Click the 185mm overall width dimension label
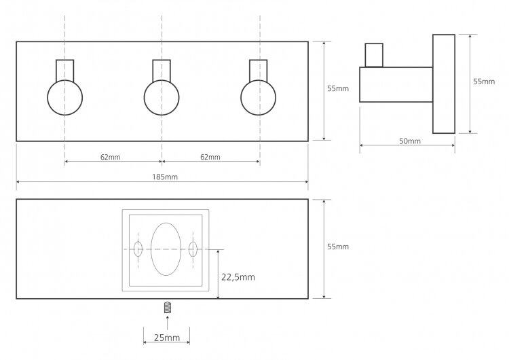(x=162, y=177)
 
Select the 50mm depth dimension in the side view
(x=410, y=141)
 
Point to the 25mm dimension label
(x=167, y=338)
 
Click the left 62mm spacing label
(x=110, y=157)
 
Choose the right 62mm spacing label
(x=210, y=157)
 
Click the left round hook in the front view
(x=65, y=97)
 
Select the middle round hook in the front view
(x=162, y=97)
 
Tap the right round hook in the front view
(x=258, y=97)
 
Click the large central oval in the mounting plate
(x=166, y=249)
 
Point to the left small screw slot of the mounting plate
(x=138, y=249)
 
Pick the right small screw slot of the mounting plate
(x=193, y=249)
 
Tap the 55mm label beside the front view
(x=337, y=88)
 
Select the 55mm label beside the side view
(x=484, y=82)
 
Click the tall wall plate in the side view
(x=444, y=84)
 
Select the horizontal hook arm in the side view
(x=396, y=84)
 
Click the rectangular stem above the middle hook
(x=162, y=70)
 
